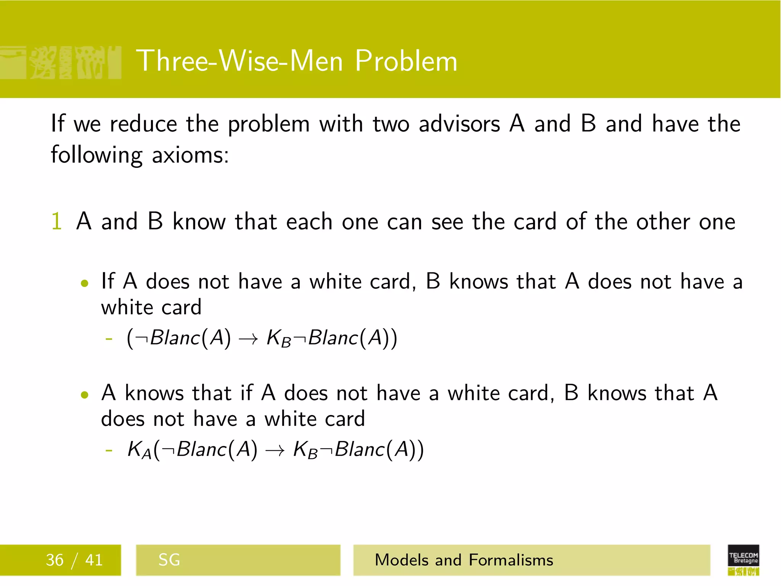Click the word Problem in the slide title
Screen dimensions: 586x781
[406, 61]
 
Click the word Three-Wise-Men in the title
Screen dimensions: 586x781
[239, 61]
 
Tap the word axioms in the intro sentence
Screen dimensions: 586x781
[190, 156]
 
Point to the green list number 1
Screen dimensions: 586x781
[56, 221]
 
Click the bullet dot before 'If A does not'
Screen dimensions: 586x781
[85, 283]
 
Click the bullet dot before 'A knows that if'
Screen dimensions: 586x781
[85, 394]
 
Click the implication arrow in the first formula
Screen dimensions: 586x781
[249, 339]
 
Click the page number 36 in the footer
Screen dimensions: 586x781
[55, 560]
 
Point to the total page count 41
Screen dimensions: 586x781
[94, 560]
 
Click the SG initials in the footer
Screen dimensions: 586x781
[169, 560]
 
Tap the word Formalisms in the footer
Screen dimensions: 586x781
[511, 560]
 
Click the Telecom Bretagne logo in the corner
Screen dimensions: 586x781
[743, 559]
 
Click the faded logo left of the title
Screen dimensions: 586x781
[61, 63]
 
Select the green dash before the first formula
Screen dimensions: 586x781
[109, 339]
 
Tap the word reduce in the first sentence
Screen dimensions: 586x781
[144, 124]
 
